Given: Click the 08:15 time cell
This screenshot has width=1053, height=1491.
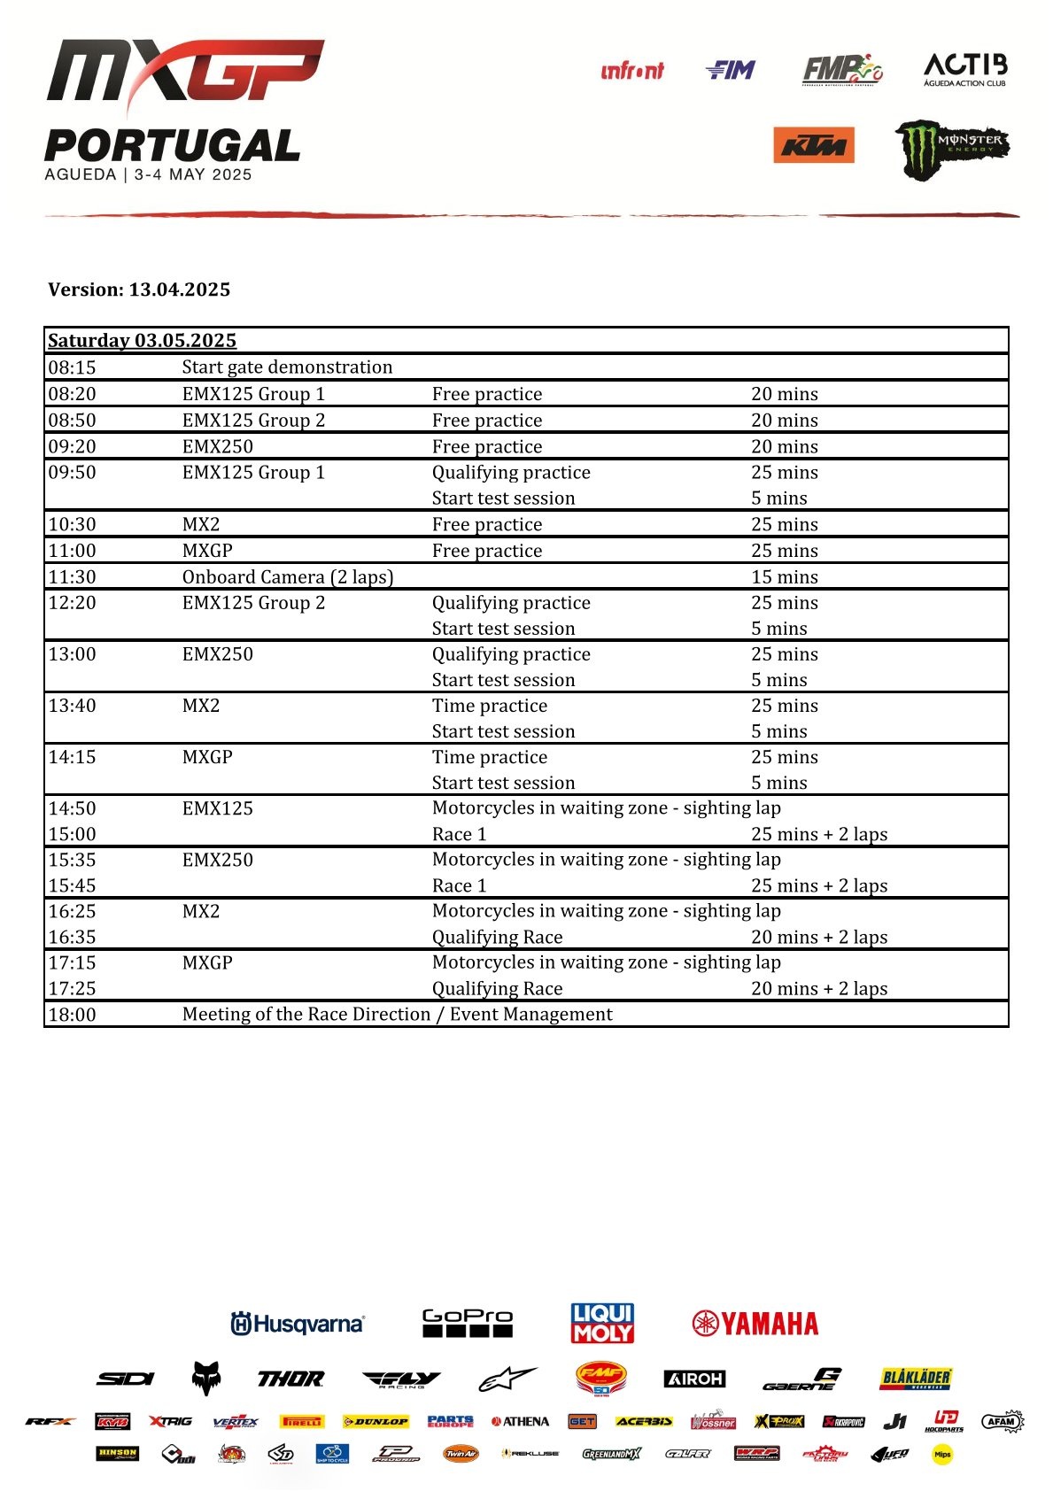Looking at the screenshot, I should coord(72,367).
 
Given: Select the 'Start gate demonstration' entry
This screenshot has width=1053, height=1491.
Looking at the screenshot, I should coord(287,367).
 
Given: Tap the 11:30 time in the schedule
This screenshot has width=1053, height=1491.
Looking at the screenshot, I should coord(72,577).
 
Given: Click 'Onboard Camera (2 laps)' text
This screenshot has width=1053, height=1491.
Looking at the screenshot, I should coord(288,577).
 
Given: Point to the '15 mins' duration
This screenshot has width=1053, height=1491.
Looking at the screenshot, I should coord(785,577).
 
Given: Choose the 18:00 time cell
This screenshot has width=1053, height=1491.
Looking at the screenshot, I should coord(72,1015).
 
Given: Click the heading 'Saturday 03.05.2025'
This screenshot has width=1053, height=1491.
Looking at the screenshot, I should coord(142,341).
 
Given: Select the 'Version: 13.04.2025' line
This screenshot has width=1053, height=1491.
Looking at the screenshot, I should coord(139,290).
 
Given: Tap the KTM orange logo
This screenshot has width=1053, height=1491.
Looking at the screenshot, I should coord(813,146).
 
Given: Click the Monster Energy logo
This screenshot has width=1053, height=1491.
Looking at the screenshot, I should coord(951,150).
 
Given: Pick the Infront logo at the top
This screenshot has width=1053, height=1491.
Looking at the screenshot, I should coord(631,71).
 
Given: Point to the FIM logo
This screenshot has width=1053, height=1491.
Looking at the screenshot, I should coord(731,70).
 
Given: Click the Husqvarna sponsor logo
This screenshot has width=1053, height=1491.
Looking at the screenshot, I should coord(298,1324).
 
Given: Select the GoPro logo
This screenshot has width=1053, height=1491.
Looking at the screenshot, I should coord(467,1323).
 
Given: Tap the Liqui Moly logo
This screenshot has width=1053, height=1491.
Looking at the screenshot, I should coord(602,1323).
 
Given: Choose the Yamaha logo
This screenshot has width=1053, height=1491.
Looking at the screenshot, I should coord(755,1324).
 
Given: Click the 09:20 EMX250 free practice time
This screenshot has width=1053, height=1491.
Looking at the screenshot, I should coord(72,447).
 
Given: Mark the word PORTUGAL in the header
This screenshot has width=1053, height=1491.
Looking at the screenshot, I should coord(173,146).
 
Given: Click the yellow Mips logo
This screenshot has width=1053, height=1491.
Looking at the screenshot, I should coord(942,1454).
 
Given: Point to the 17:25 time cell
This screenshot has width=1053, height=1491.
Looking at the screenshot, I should coord(72,989).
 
